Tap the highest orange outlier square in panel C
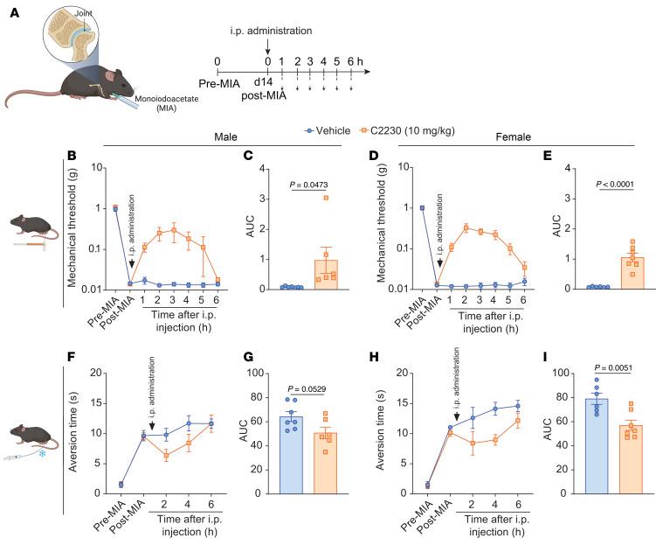[x=330, y=198]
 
